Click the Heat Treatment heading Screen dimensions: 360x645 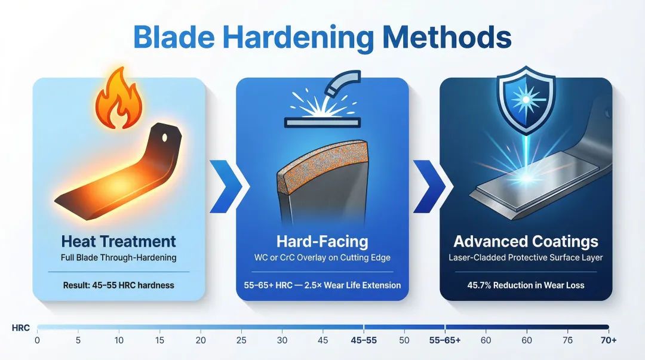tap(118, 242)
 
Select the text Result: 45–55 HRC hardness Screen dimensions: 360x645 tap(118, 285)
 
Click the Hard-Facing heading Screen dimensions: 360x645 tap(322, 242)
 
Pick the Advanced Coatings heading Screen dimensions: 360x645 tap(526, 242)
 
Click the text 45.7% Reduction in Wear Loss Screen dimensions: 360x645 tap(526, 285)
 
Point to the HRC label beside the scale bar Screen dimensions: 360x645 tap(21, 328)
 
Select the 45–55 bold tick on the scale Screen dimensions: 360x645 tap(364, 341)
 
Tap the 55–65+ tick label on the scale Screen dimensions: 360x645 tap(444, 341)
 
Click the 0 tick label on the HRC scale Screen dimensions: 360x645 tap(37, 341)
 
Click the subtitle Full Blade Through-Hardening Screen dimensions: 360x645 tap(118, 259)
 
